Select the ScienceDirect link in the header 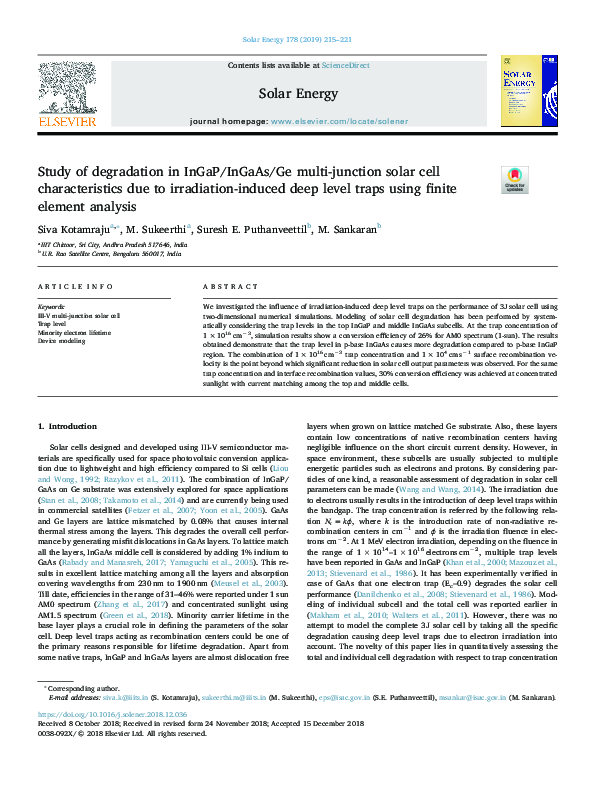tap(345, 65)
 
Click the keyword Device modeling tap(62, 340)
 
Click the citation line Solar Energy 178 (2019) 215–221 tap(297, 41)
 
